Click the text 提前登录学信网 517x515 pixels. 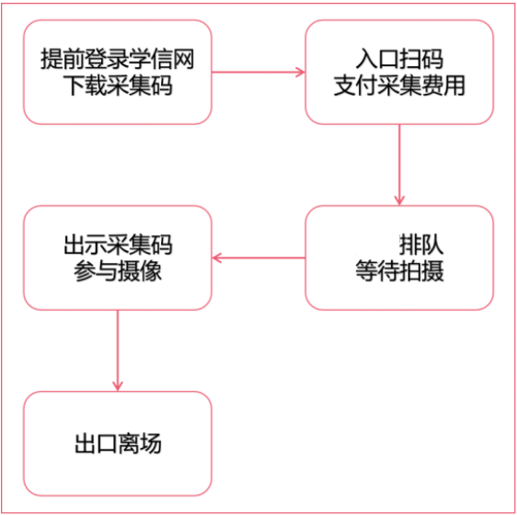[x=118, y=60]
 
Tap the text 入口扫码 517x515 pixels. [x=399, y=60]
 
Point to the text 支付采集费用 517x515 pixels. [x=399, y=86]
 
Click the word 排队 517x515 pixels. [x=421, y=246]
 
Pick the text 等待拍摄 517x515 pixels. [x=399, y=271]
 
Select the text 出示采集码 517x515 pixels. [x=118, y=246]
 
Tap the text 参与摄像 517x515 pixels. [x=118, y=271]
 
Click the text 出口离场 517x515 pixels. [x=118, y=443]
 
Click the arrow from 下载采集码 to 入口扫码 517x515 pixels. [x=258, y=73]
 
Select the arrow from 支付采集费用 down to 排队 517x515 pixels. [x=399, y=165]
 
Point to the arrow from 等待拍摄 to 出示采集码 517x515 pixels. [x=258, y=257]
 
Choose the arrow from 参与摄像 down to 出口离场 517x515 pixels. [x=118, y=350]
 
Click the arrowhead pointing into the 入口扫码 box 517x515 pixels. [x=301, y=73]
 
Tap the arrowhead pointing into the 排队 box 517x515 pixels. [x=399, y=200]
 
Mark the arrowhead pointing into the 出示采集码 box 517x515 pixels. [x=216, y=257]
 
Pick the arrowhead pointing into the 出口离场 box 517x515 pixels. [x=118, y=386]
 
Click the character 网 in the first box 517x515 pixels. [x=183, y=60]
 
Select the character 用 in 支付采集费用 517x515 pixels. [x=454, y=86]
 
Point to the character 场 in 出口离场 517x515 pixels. [x=151, y=443]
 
